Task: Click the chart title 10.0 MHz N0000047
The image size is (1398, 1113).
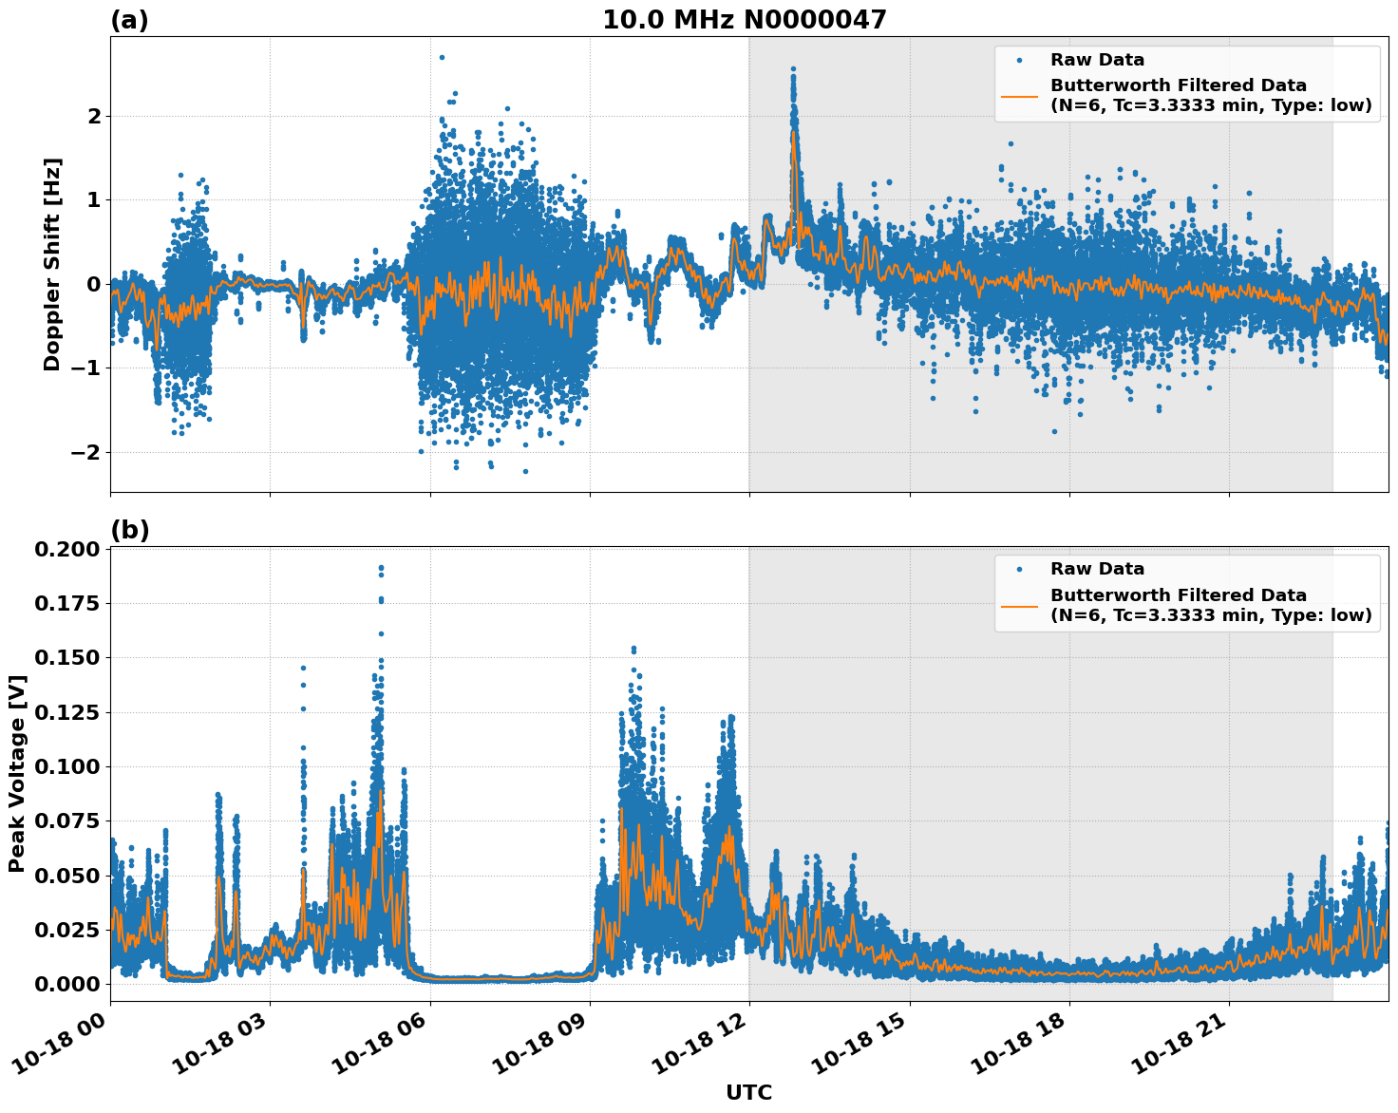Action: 744,20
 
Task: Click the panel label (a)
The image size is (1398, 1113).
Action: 129,20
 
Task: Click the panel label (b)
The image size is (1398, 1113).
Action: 129,531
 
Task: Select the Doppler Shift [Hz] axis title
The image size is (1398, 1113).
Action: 52,264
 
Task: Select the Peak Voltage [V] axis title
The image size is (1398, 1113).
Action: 17,773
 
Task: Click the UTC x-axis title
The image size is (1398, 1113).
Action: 748,1092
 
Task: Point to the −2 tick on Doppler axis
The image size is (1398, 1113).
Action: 85,452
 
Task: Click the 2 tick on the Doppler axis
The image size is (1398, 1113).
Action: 94,116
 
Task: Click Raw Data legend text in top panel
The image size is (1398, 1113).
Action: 1097,60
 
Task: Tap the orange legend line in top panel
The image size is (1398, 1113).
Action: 1019,95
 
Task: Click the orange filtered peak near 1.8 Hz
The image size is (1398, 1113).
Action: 793,133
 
